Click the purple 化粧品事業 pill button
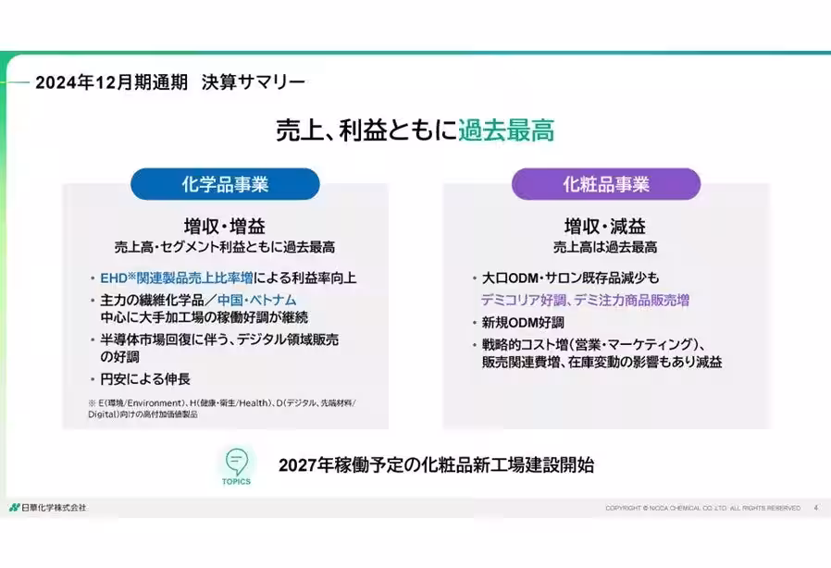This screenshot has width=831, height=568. [606, 184]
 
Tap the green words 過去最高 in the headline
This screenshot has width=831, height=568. [506, 130]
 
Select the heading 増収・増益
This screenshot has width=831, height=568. [224, 227]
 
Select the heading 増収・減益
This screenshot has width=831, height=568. [606, 227]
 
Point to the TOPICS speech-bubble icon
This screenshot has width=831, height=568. [236, 463]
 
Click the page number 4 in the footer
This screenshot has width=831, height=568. [815, 508]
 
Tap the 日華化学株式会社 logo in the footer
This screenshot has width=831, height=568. [48, 508]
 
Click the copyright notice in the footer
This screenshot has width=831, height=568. [702, 508]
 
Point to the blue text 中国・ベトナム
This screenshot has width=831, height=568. [256, 301]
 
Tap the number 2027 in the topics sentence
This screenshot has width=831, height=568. [299, 465]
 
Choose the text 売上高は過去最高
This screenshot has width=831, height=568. [606, 248]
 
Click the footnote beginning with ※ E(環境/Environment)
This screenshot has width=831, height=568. [221, 409]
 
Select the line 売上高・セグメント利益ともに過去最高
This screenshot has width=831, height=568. [224, 248]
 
